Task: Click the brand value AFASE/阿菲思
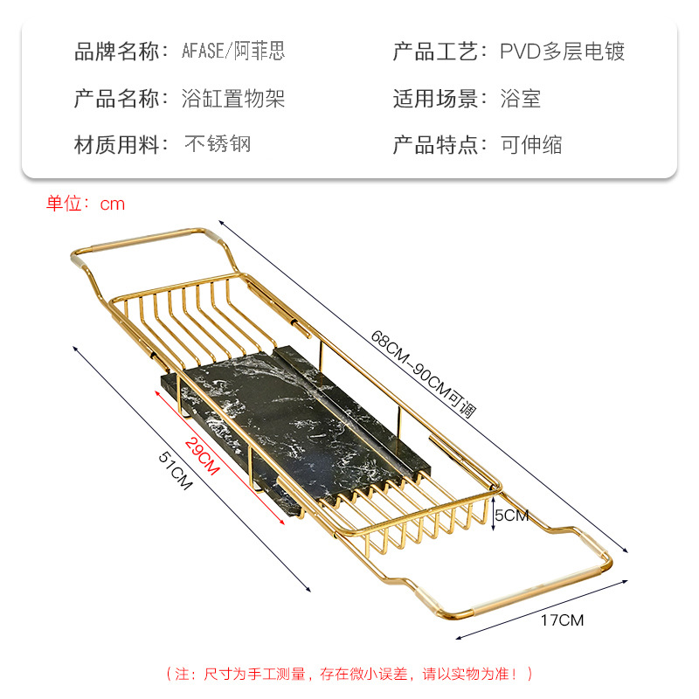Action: [234, 52]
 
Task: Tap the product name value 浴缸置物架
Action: [234, 98]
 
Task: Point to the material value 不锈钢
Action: [218, 144]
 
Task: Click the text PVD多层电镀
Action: [562, 52]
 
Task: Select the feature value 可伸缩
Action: [531, 144]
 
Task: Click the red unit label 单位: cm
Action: [86, 204]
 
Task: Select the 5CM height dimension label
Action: [511, 516]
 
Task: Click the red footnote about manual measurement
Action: [349, 673]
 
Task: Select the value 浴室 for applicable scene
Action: [521, 98]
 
